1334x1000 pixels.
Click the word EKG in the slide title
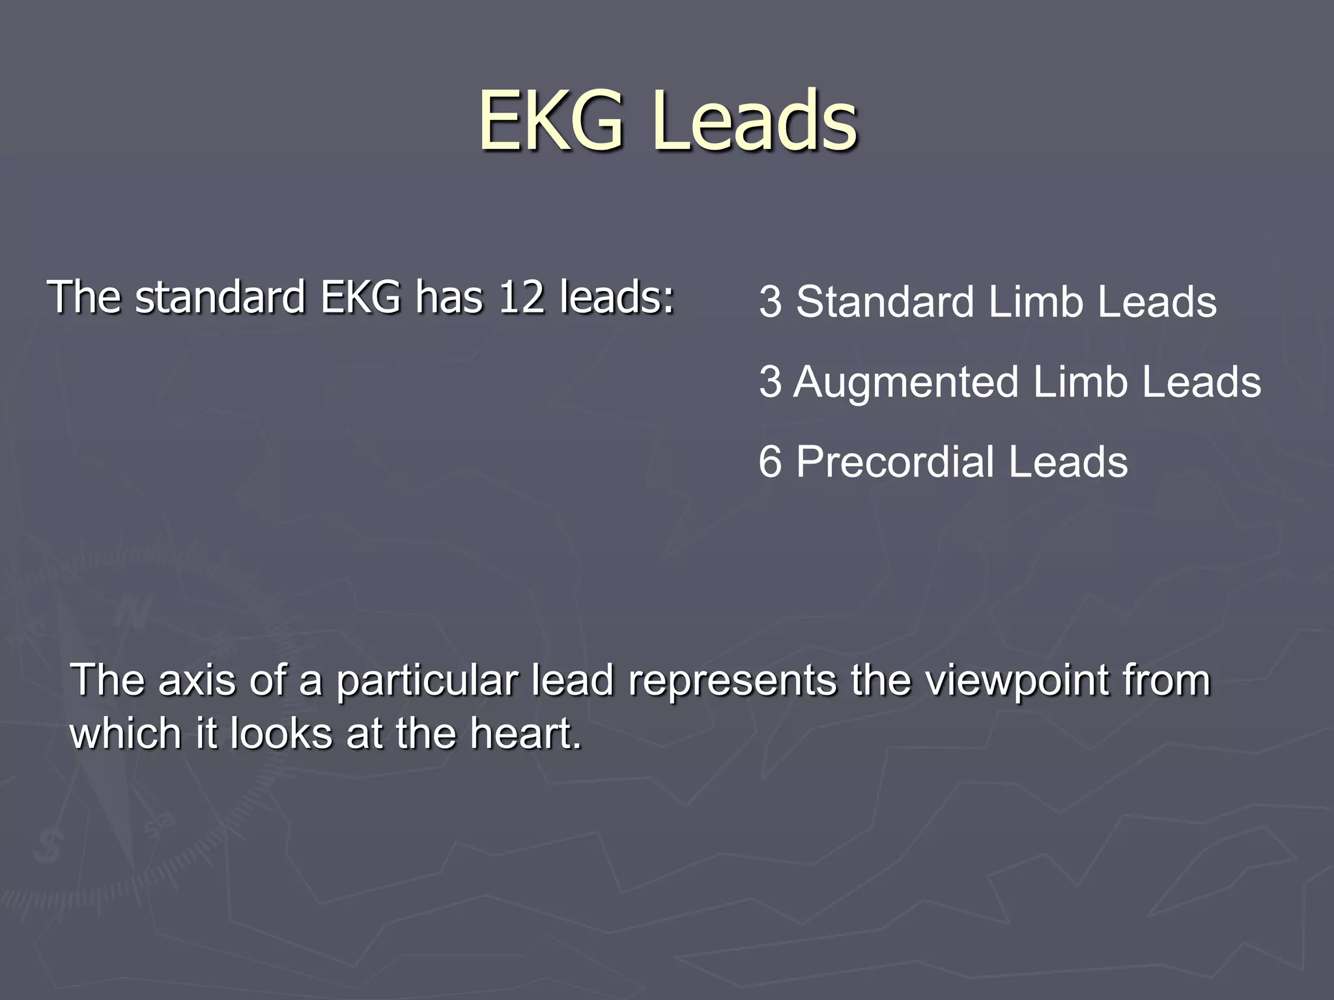[x=550, y=120]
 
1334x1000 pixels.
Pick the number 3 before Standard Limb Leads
[x=770, y=302]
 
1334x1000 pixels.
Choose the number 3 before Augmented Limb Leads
[x=770, y=382]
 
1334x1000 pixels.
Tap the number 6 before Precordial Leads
[x=770, y=462]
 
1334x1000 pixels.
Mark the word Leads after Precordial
[x=1068, y=462]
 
